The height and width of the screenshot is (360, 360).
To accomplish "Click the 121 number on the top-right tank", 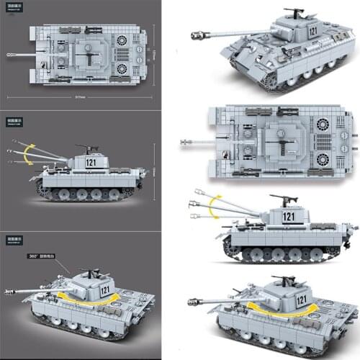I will coord(312,31).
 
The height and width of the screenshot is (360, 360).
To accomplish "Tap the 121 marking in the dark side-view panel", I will coord(91,162).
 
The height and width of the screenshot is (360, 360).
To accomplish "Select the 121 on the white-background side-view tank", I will coord(289,215).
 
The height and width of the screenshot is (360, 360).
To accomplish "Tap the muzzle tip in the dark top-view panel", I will coord(9,54).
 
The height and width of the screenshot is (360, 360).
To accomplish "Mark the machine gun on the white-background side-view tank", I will coord(279,196).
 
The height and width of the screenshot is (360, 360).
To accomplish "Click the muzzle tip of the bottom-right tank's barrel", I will coord(189,302).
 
